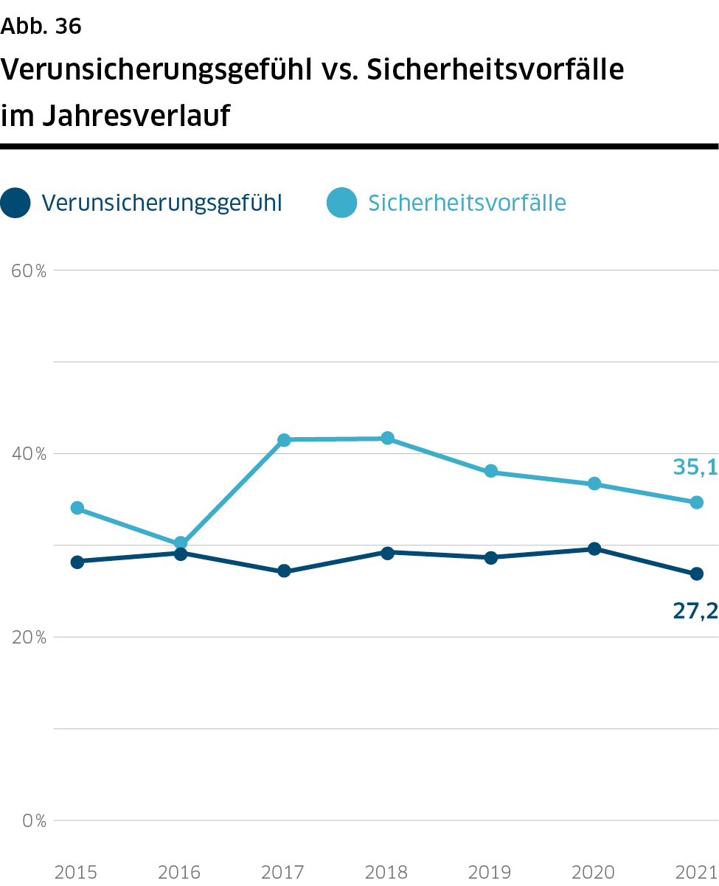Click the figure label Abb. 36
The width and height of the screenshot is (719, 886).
click(41, 27)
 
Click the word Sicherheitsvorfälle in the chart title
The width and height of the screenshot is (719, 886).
click(496, 70)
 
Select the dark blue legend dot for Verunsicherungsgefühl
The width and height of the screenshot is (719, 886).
click(15, 203)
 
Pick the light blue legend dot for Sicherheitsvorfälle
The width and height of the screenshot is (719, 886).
click(341, 203)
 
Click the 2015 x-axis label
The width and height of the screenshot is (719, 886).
click(76, 873)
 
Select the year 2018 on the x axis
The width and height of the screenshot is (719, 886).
click(387, 873)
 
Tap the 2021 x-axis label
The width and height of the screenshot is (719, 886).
click(696, 873)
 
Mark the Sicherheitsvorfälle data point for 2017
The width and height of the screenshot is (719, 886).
click(284, 440)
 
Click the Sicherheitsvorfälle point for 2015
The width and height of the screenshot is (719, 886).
click(77, 508)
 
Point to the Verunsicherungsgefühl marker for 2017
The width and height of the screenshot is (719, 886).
click(284, 571)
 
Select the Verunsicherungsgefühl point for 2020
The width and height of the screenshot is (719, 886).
click(594, 548)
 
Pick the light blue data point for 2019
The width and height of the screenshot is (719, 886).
click(490, 472)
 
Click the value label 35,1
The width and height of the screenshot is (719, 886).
click(695, 467)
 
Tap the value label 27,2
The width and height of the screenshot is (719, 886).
click(695, 610)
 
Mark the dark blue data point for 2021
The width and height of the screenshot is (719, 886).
click(696, 573)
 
